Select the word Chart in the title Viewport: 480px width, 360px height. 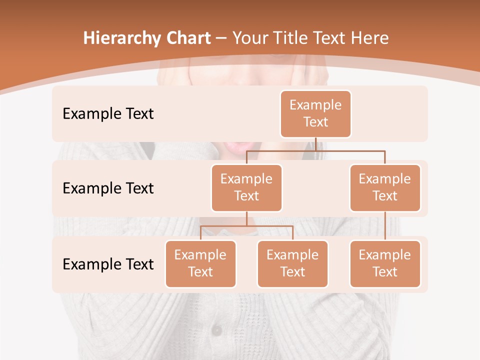point(186,38)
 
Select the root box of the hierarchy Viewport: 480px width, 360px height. point(315,114)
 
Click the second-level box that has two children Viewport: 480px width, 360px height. point(246,188)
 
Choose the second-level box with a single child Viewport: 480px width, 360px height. point(385,188)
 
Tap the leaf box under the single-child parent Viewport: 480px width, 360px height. point(385,264)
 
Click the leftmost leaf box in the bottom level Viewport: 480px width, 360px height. point(200,264)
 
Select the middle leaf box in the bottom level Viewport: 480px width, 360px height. point(292,264)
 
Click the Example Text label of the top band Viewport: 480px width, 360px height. point(108,114)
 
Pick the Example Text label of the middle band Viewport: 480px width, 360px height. point(108,188)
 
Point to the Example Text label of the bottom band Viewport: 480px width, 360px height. point(108,264)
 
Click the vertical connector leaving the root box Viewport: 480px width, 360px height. point(316,144)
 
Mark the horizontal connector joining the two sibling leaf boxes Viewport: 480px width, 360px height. point(246,226)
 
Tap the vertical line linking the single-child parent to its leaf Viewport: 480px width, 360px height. point(385,226)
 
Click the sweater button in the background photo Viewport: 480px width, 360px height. point(216,330)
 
